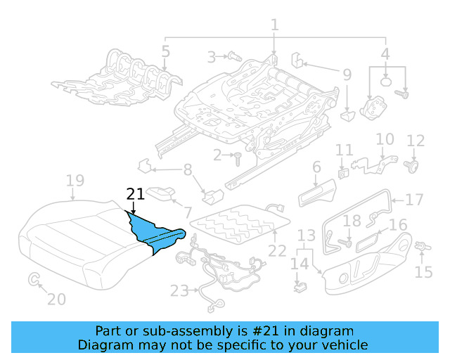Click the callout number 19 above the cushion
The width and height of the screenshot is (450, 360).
75,181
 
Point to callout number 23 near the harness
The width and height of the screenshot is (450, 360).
180,290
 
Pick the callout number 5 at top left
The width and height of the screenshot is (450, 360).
165,51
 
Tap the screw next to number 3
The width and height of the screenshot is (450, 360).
234,56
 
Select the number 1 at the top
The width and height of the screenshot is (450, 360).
274,25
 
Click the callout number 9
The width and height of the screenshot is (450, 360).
347,74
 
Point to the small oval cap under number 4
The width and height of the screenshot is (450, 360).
386,81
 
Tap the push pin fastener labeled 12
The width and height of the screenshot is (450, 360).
414,166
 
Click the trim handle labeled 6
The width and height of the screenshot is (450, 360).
318,193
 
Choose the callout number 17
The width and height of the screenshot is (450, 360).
414,200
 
